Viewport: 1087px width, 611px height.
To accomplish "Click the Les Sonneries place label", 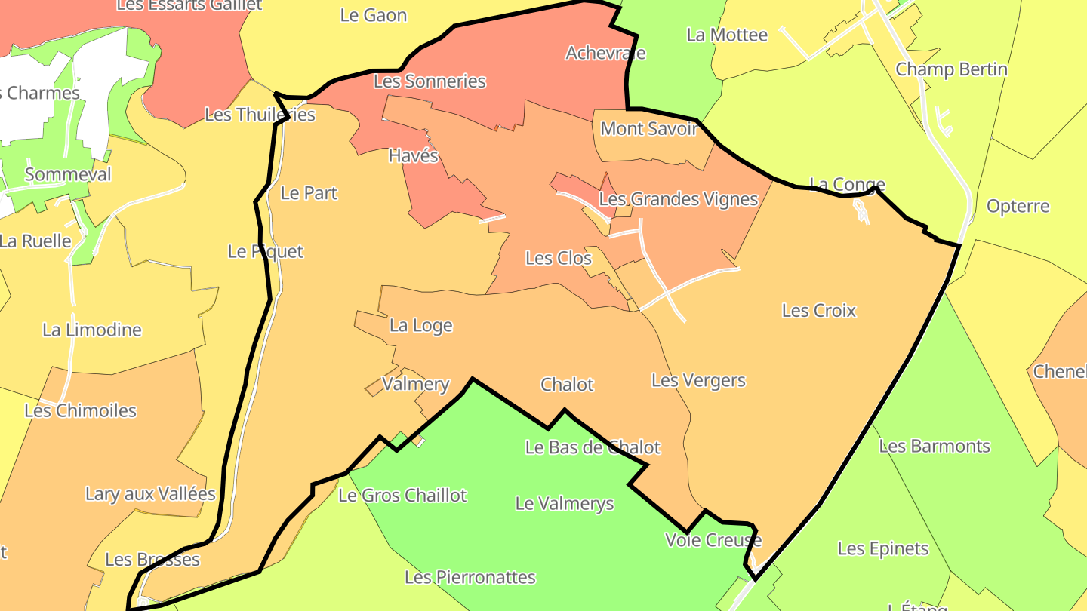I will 430,81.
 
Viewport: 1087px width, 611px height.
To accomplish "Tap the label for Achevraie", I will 605,53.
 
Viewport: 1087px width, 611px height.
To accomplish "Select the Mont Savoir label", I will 648,128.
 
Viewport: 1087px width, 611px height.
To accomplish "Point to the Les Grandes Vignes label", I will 678,199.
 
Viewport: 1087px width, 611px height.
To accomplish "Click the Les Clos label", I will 558,258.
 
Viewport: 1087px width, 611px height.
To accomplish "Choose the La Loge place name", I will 420,325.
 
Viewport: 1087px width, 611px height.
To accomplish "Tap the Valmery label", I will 415,384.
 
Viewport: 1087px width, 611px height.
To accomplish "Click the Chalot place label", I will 567,385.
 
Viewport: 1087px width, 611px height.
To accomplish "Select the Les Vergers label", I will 698,380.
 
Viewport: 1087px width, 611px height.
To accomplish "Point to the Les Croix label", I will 819,310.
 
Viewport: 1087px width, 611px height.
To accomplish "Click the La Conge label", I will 847,184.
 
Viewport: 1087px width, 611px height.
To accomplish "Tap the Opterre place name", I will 1018,206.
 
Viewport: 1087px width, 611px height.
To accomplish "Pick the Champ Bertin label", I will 951,69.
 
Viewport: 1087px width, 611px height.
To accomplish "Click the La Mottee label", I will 727,35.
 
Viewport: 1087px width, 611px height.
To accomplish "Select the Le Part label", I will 309,193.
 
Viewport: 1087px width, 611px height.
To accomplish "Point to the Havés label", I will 413,156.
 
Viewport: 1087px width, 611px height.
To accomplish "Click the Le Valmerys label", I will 565,503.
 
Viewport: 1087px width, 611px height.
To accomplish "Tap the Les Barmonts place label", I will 934,446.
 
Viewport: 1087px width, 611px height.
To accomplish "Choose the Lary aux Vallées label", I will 150,494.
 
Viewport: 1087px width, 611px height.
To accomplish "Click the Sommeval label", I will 68,174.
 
